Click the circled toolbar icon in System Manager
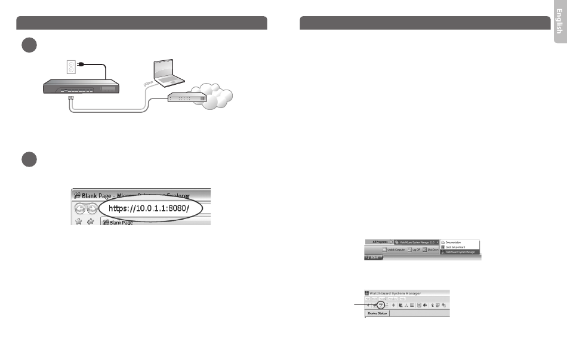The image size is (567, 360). [380, 304]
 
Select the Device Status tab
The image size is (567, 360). [377, 313]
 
